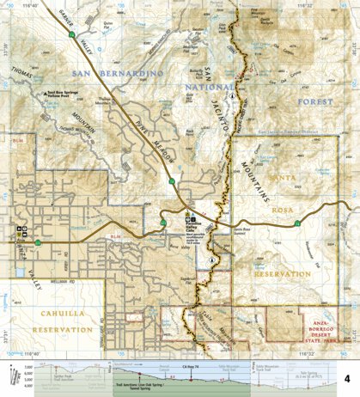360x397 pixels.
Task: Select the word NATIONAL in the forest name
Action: [x=211, y=86]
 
